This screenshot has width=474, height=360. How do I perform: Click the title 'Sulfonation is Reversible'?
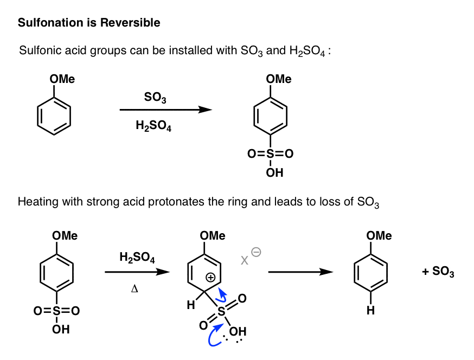89,23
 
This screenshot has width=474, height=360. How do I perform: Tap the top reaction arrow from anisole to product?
165,110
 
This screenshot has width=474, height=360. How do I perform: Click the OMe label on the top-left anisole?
62,79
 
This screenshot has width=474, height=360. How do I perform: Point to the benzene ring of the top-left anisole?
54,115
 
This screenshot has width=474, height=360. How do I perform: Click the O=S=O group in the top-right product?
270,154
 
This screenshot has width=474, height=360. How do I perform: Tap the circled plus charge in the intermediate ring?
211,277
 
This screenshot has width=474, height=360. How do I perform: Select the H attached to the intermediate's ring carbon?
190,305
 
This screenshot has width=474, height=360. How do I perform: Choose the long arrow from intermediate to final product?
300,272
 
